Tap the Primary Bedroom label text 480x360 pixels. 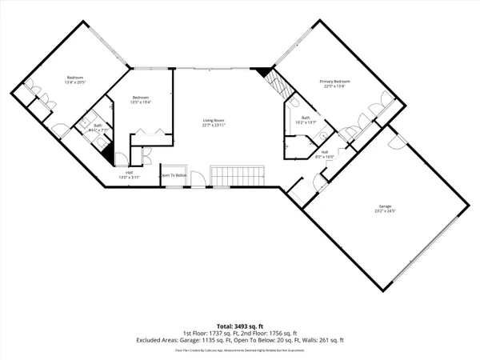pos(336,82)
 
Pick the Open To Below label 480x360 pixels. pos(173,175)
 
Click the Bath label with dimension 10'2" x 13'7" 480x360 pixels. pos(306,118)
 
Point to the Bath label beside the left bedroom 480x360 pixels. pos(96,125)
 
